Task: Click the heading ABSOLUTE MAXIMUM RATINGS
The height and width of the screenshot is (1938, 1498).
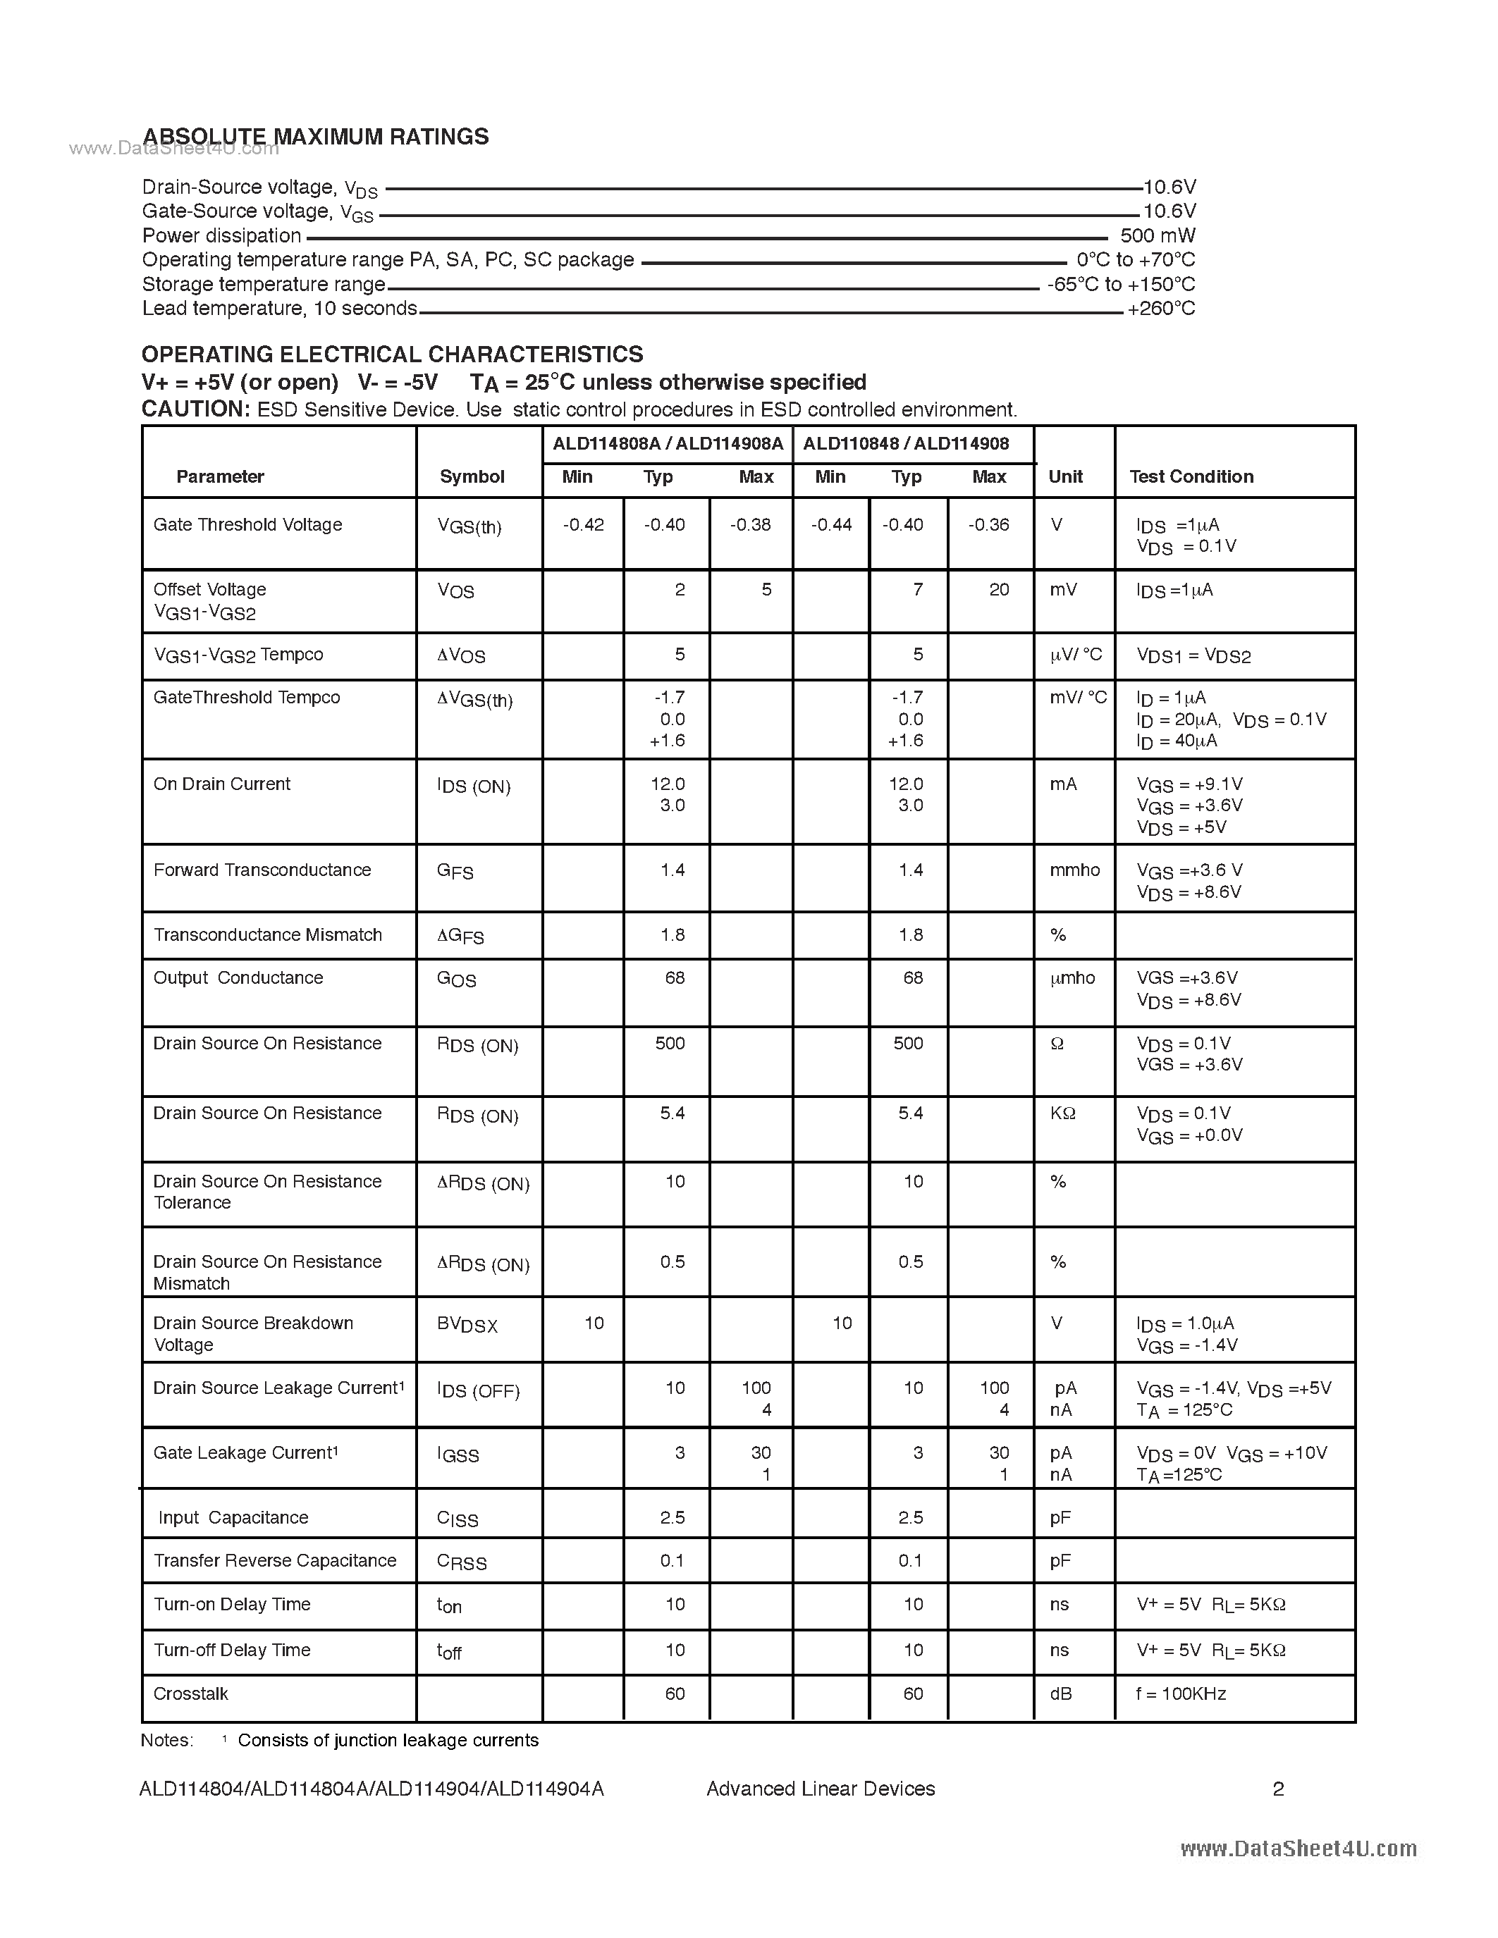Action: point(315,137)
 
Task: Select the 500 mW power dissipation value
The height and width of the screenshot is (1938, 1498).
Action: point(1158,236)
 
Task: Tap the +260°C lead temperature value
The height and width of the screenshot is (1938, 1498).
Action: point(1161,309)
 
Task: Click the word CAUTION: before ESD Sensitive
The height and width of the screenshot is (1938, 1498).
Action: point(196,409)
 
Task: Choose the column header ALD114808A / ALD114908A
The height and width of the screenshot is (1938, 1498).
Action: point(668,444)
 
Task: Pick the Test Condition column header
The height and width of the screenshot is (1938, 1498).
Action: point(1191,476)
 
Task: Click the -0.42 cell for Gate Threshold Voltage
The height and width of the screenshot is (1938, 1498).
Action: point(583,525)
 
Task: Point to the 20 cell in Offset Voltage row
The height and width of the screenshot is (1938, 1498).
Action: point(1000,590)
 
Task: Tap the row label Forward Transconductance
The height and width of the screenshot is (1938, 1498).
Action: point(262,870)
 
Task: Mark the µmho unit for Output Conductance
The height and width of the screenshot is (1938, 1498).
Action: point(1072,978)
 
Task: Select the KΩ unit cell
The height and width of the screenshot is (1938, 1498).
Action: point(1062,1113)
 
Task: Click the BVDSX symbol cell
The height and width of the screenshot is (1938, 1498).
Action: point(467,1325)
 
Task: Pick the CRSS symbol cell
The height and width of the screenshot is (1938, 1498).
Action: point(462,1562)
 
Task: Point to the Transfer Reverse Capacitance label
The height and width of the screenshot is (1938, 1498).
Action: point(274,1561)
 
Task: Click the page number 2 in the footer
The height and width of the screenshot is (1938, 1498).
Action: point(1278,1789)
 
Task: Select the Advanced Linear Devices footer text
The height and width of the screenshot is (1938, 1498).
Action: point(820,1789)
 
